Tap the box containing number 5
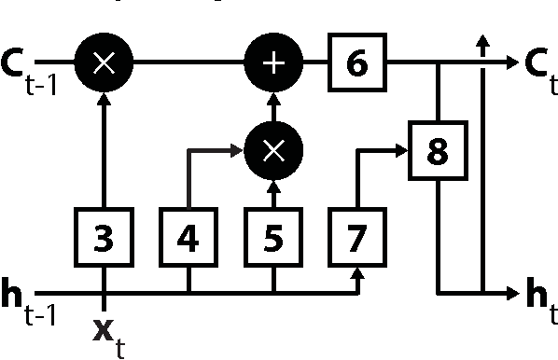272,239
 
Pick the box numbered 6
356,63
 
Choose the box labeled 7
356,239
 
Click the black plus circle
272,63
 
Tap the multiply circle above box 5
272,150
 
